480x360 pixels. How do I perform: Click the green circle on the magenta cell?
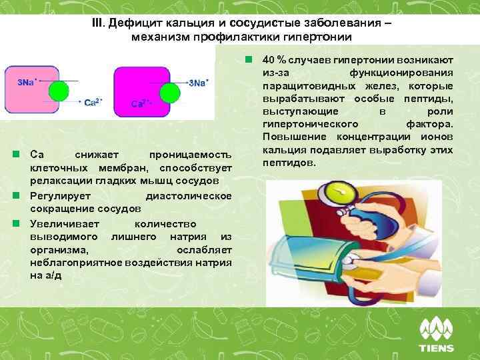click(x=171, y=92)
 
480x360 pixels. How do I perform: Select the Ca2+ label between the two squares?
click(x=93, y=102)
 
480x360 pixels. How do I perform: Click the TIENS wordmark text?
click(x=436, y=348)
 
